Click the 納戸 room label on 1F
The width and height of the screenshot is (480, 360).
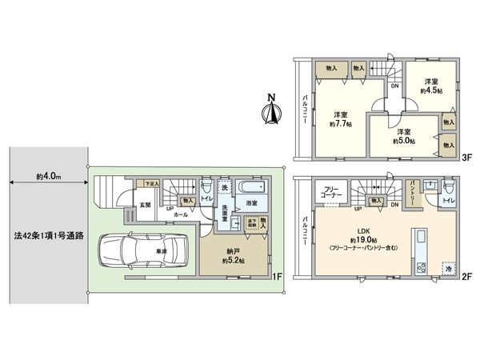[231, 255]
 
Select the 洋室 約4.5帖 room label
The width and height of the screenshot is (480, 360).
[432, 86]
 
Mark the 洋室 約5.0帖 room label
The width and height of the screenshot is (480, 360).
[402, 135]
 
